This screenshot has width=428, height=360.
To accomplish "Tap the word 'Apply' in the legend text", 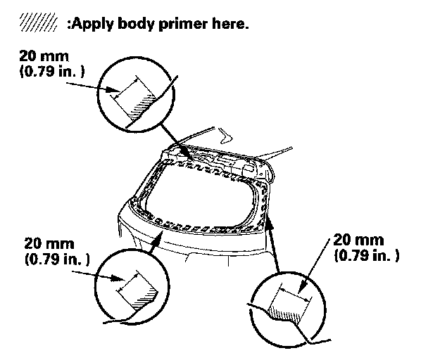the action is [89, 23].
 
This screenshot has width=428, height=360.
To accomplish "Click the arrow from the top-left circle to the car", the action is [172, 139].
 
